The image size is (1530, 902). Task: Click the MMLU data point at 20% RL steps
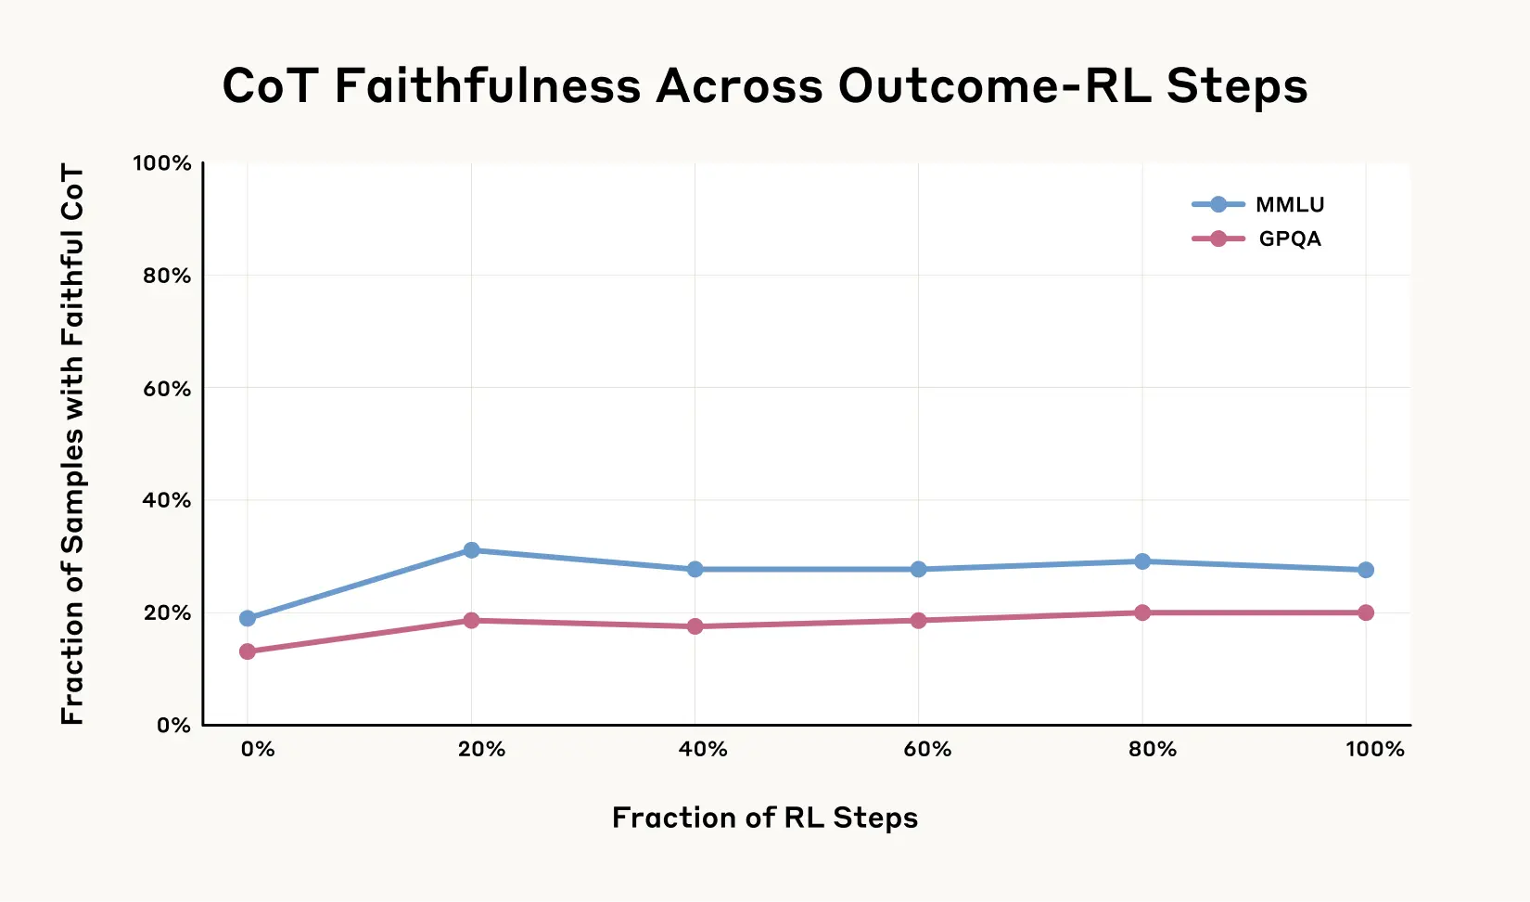[x=471, y=550]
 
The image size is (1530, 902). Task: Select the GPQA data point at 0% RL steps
[x=248, y=651]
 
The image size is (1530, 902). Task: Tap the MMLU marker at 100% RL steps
[x=1366, y=570]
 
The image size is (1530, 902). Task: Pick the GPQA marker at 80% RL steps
[x=1142, y=612]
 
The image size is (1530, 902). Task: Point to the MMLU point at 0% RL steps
[x=248, y=618]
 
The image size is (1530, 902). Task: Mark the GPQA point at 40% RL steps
[x=695, y=626]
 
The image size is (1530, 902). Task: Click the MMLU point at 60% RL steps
[x=918, y=569]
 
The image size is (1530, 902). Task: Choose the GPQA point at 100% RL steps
[x=1366, y=612]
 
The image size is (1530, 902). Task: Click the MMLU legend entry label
[x=1290, y=205]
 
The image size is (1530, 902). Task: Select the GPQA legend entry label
[x=1290, y=239]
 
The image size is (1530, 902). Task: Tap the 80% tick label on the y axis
[x=167, y=276]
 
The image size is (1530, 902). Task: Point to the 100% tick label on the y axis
[x=162, y=163]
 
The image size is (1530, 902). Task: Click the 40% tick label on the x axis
[x=703, y=750]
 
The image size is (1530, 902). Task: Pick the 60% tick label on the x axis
[x=927, y=750]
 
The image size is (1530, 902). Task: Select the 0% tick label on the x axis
[x=257, y=750]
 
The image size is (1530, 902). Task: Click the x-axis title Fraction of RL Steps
[x=765, y=818]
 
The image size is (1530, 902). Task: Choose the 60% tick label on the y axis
[x=167, y=389]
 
